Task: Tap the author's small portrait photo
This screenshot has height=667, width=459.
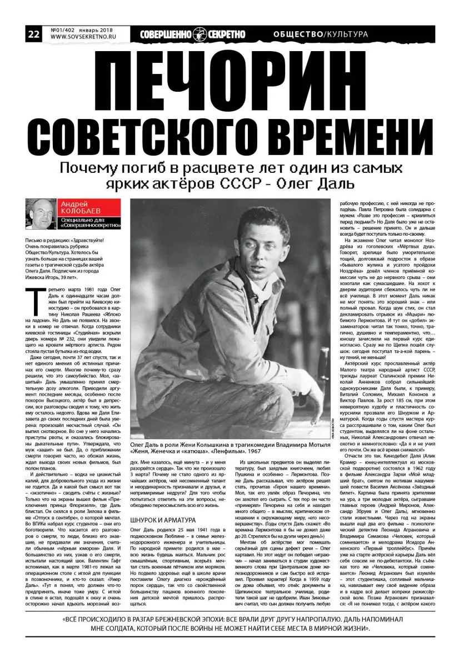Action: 41,214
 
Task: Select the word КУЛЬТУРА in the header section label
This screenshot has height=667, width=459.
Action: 347,34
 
